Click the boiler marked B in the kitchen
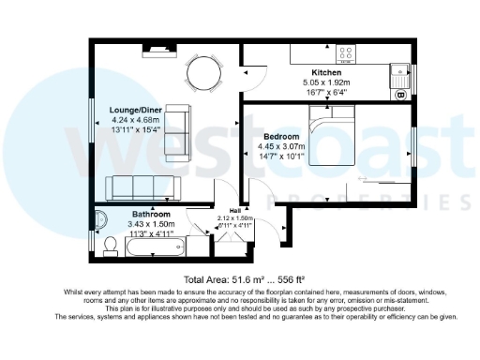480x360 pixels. point(400,95)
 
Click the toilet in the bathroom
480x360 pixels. point(110,247)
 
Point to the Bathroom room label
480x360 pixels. point(151,214)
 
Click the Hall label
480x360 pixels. point(235,210)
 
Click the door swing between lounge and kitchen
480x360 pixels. point(247,78)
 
